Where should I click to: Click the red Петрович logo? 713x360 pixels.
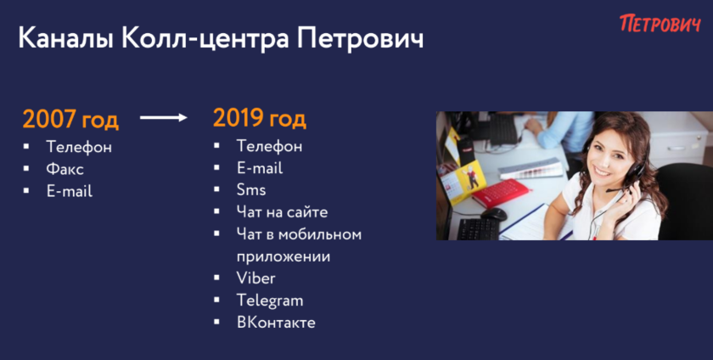coord(660,23)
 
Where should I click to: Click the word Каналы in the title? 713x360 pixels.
coord(66,38)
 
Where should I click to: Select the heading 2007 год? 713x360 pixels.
coord(70,119)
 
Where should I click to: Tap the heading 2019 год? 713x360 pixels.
coord(260,118)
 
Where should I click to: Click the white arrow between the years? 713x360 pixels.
coord(164,118)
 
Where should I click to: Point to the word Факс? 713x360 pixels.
coord(65,169)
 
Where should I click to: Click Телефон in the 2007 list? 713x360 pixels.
coord(79,147)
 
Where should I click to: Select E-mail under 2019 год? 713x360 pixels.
coord(260,168)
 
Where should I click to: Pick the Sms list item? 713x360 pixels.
coord(251,190)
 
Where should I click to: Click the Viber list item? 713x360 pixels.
coord(256,278)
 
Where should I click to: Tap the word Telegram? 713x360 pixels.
coord(270,301)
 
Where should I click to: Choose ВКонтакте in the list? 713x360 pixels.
coord(276,323)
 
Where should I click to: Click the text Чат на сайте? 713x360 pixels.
coord(282,212)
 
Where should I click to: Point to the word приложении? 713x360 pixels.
coord(284,257)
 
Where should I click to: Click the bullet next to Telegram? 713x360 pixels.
coord(217,300)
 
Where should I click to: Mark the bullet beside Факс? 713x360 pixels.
coord(26,168)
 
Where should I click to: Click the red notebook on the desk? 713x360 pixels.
coord(501,193)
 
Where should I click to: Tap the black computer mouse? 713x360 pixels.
coord(493,214)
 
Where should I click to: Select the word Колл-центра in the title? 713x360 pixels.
coord(205,38)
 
